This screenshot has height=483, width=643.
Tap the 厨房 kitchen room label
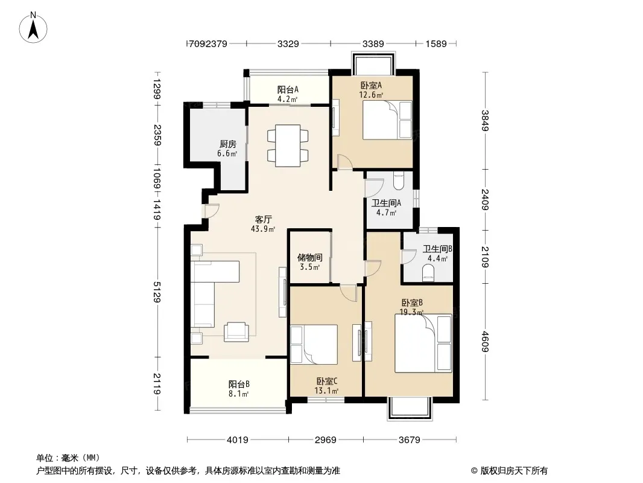[x=227, y=144]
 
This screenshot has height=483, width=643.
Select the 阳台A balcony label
[x=288, y=89]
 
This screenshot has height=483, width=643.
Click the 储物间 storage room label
[x=309, y=257]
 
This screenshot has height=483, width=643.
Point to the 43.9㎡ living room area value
[x=263, y=229]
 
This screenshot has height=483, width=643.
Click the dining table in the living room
[x=288, y=146]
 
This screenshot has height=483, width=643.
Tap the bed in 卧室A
[x=387, y=120]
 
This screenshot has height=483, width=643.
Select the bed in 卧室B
[x=423, y=343]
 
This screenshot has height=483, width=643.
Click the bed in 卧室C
[x=314, y=344]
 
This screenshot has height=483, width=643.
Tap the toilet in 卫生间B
[x=428, y=273]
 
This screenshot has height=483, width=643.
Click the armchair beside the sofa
[x=236, y=332]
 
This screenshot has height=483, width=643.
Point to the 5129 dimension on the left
[x=157, y=292]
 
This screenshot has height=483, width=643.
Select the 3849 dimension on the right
[x=485, y=120]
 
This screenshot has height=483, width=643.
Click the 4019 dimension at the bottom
[x=238, y=440]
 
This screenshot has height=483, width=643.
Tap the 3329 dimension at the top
[x=288, y=43]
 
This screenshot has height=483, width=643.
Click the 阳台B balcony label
[x=239, y=384]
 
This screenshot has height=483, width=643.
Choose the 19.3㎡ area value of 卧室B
[x=412, y=312]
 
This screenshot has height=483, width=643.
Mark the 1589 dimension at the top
[x=436, y=43]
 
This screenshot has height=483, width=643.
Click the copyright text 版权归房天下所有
[x=515, y=471]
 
